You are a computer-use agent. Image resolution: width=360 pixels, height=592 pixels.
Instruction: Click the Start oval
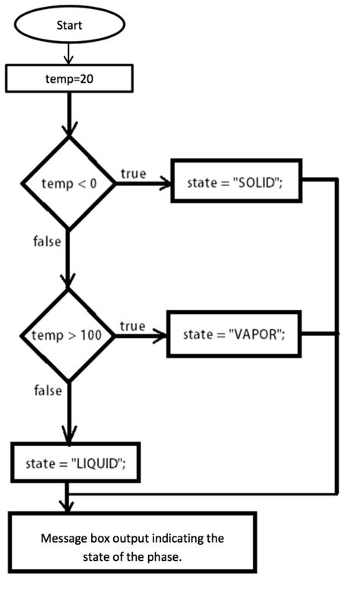coord(69,24)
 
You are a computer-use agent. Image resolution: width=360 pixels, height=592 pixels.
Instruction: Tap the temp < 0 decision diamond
coord(69,183)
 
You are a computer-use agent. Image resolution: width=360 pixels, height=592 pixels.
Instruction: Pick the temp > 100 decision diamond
coord(69,334)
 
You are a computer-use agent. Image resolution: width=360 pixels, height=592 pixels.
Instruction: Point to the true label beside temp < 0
coord(133,174)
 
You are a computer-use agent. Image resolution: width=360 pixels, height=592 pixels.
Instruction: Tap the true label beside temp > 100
coord(132,326)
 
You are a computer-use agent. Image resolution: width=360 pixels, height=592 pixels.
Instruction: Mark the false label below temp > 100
coord(47,391)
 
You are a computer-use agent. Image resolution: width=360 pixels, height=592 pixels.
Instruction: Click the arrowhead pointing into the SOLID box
coord(165,183)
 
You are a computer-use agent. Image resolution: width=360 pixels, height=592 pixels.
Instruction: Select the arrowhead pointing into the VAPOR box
coord(163,334)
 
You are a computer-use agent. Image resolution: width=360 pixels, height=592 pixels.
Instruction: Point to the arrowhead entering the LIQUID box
coord(69,437)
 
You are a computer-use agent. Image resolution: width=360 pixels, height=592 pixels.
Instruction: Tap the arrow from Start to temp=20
coord(69,53)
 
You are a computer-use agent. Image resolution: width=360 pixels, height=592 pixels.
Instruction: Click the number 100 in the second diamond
coord(90,335)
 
